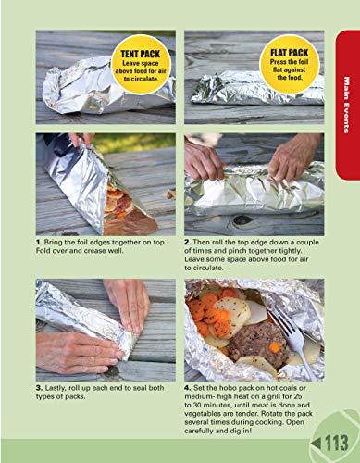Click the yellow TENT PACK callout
pyautogui.click(x=138, y=61)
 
